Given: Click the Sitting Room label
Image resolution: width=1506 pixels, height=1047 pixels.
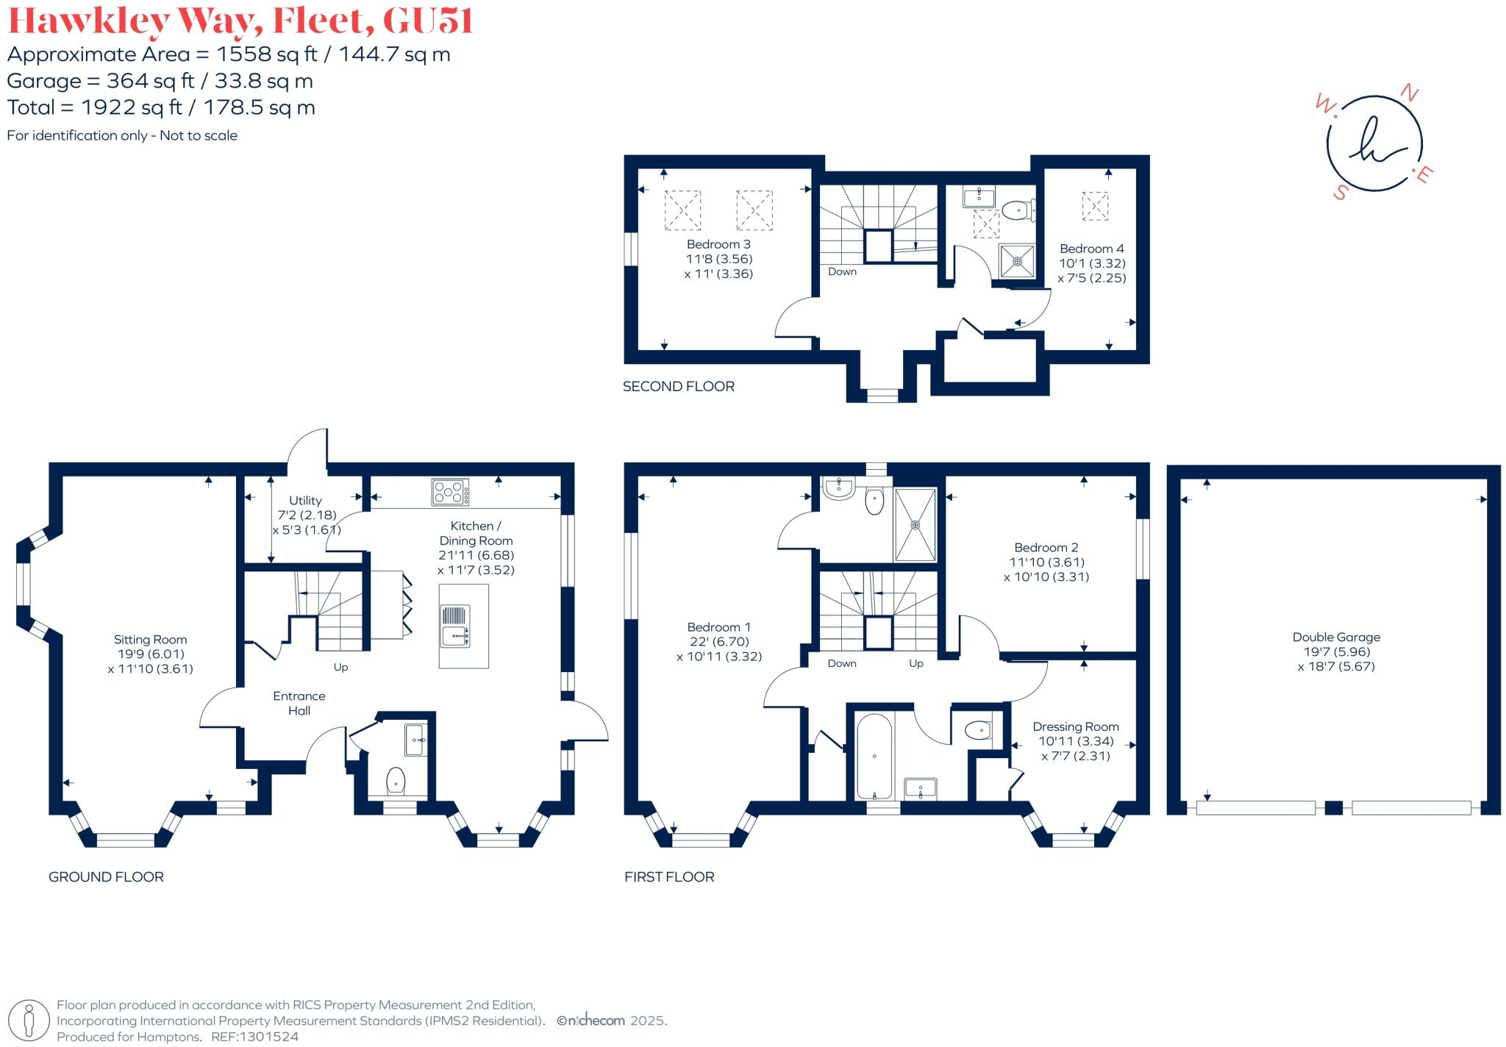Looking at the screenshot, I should pos(150,640).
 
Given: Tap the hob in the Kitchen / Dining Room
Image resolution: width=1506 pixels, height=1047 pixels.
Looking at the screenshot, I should pos(450,492).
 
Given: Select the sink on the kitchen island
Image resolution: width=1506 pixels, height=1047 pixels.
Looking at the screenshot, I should pos(456,626).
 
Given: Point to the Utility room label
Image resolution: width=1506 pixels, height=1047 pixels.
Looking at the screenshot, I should pos(305,501).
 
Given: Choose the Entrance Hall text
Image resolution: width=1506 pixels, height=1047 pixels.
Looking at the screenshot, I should pos(299,703).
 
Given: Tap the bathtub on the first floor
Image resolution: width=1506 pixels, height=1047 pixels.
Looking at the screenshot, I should pos(874,756).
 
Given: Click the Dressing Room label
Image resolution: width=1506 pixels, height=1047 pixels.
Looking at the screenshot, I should pos(1075,726).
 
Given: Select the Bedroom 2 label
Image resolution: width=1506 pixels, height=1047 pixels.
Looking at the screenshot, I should pos(1046,548).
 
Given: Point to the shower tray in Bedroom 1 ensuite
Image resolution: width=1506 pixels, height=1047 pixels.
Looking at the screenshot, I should pos(916,524).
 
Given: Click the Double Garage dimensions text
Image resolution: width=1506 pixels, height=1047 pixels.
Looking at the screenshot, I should pos(1336,659).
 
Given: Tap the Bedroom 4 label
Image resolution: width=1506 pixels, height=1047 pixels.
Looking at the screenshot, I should pos(1091,249).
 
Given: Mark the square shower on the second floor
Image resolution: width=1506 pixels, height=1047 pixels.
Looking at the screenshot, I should pos(1017,261).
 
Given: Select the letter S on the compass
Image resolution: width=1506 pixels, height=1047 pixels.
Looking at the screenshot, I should pos(1341,193).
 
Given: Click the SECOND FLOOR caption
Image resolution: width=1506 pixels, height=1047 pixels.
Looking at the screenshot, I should pos(678,386).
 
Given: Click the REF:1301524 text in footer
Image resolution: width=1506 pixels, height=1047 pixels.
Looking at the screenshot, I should pos(254,1037).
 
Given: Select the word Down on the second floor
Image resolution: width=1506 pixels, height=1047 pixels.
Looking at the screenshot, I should pos(842,271).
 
